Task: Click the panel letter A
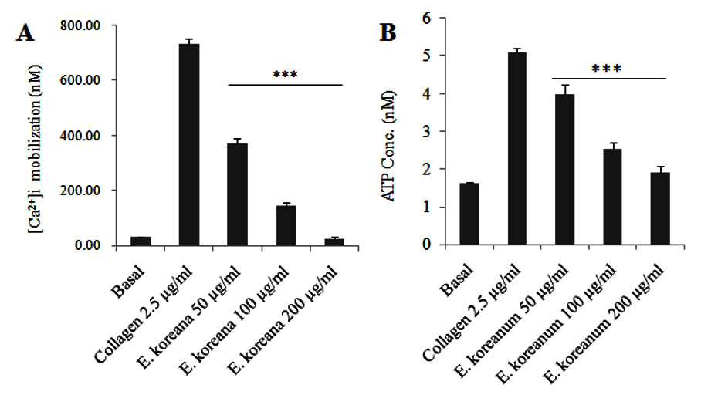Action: pos(25,32)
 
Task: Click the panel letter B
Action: pos(388,32)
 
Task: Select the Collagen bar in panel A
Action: pos(189,145)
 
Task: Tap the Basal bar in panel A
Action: pos(141,241)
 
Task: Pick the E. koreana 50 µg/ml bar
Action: pos(237,194)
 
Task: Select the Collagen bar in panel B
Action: pos(516,149)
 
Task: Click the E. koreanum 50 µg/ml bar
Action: pos(564,170)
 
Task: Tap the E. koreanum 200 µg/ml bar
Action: pos(660,208)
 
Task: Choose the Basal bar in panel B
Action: pos(469,214)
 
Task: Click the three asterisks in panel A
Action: pos(285,75)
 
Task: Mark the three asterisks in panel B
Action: pos(606,69)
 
